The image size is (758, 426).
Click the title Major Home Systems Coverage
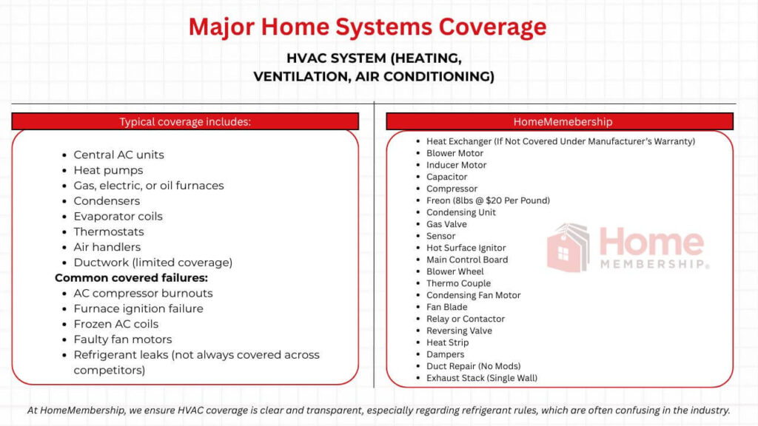coord(367,27)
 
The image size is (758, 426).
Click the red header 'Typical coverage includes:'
coord(185,122)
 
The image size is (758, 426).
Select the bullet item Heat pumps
coord(108,170)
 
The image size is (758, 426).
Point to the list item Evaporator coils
coord(118,216)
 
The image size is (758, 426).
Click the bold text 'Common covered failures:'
coord(131,278)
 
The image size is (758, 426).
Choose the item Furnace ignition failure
coord(138,308)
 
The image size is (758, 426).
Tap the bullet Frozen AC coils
coord(115,324)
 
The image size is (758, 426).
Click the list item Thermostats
coord(108,231)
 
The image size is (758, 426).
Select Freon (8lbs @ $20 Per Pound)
coord(488,200)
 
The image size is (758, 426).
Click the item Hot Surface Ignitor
coord(466,248)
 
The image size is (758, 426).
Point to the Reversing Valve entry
coord(459,331)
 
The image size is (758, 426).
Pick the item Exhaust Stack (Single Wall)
coord(481,378)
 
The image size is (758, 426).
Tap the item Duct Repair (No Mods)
coord(473,366)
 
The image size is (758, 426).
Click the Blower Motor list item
coord(455,153)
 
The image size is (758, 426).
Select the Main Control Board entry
coord(467,260)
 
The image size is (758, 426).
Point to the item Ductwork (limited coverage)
coord(152,263)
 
